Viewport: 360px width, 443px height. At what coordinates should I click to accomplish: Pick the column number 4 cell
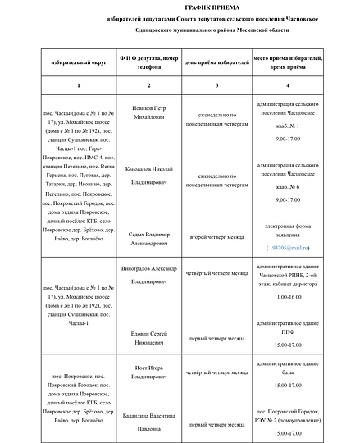point(287,86)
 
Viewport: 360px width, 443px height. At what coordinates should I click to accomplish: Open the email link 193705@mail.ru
point(288,247)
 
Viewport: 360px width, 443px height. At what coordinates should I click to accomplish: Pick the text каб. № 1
point(288,130)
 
